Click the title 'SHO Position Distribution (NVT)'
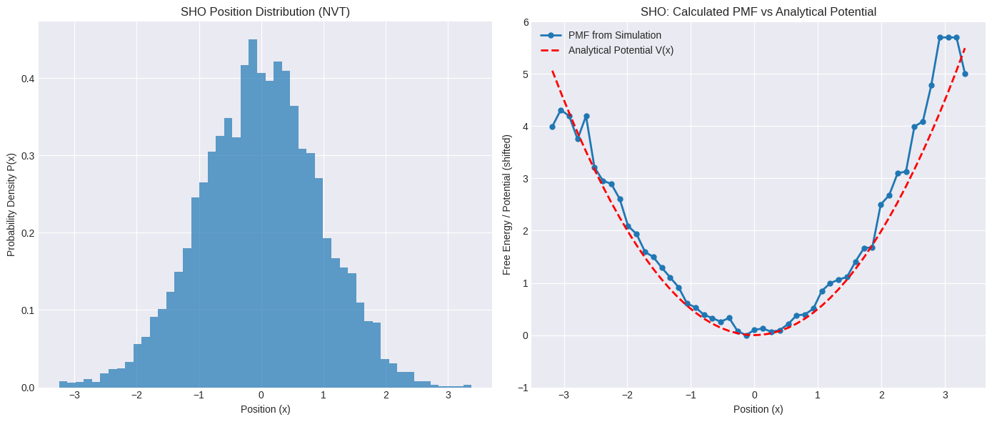click(265, 11)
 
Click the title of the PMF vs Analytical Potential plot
click(758, 11)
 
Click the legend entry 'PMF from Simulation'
click(614, 35)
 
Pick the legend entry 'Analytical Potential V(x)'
click(621, 50)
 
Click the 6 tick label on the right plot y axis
click(525, 22)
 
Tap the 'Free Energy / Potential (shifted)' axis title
click(507, 205)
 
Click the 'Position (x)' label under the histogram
click(265, 409)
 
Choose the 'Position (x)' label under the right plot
click(758, 409)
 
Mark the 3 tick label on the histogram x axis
click(448, 395)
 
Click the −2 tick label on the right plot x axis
click(627, 395)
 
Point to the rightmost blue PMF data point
click(965, 74)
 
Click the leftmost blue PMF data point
click(552, 127)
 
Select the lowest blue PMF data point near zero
click(746, 335)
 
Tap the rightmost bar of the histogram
click(467, 386)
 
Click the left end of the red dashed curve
click(552, 71)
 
